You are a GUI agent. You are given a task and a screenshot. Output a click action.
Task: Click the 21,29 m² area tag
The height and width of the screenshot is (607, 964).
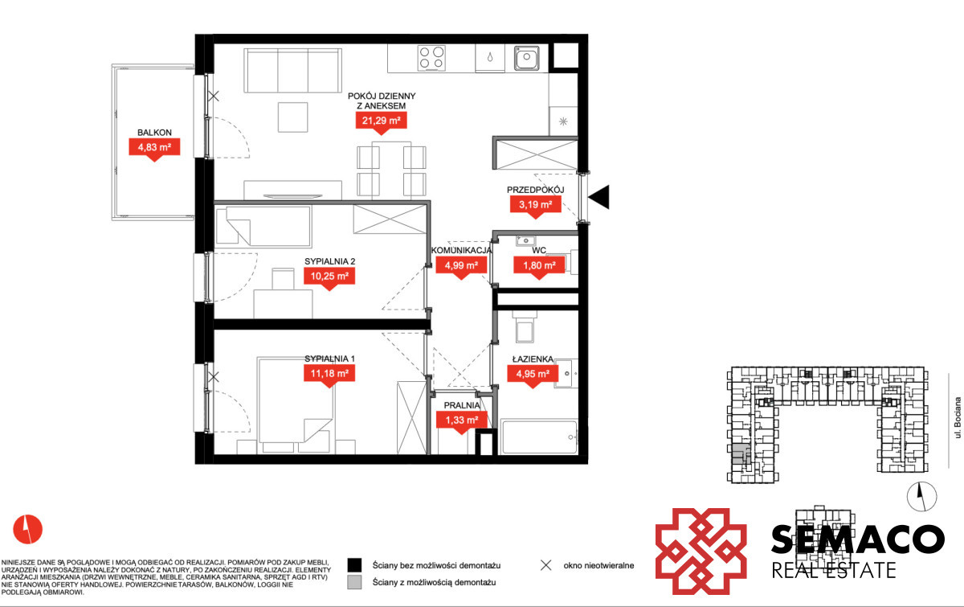[x=381, y=121]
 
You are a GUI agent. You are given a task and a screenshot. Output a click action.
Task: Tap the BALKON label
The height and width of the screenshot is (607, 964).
[x=154, y=133]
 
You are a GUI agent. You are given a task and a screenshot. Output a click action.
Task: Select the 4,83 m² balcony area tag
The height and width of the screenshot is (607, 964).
[x=154, y=148]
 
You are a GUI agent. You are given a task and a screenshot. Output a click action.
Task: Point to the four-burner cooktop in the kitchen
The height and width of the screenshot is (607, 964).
[x=431, y=58]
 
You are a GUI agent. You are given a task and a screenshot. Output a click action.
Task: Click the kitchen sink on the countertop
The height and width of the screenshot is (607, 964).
[x=526, y=58]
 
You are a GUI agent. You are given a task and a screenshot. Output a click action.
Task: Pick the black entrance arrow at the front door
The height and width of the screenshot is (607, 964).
[x=599, y=197]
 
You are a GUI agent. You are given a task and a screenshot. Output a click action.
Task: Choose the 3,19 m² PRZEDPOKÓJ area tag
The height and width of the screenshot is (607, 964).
[x=535, y=205]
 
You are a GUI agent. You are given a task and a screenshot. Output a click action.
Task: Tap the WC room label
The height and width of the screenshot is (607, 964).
[x=539, y=250]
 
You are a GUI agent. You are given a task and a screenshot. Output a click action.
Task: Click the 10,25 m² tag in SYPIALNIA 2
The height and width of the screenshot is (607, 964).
[x=329, y=277]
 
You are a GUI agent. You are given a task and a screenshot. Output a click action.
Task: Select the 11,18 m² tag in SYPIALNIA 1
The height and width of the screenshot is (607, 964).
[x=329, y=374]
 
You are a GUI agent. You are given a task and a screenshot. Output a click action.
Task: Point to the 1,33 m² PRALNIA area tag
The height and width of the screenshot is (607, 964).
[x=462, y=420]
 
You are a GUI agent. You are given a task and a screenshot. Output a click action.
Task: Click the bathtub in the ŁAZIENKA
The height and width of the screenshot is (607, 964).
[x=539, y=437]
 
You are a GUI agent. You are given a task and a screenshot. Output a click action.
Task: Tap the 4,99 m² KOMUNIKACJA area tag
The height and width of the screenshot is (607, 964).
[x=461, y=266]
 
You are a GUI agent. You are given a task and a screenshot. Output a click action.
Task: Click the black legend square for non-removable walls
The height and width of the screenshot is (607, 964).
[x=354, y=564]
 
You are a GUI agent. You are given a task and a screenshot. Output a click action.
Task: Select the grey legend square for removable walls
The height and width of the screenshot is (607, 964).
[x=354, y=582]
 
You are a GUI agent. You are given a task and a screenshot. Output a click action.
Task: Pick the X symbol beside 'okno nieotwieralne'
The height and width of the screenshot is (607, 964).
[x=545, y=565]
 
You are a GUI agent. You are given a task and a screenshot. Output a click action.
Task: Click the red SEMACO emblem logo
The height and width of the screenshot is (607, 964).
[x=701, y=552]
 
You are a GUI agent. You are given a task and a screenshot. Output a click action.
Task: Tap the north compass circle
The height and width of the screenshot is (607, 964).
[x=922, y=496]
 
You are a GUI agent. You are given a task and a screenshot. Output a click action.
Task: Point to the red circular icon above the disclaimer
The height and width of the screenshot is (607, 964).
[x=28, y=529]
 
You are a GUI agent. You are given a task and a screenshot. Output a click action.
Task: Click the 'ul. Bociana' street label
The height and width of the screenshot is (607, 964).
[x=957, y=417]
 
